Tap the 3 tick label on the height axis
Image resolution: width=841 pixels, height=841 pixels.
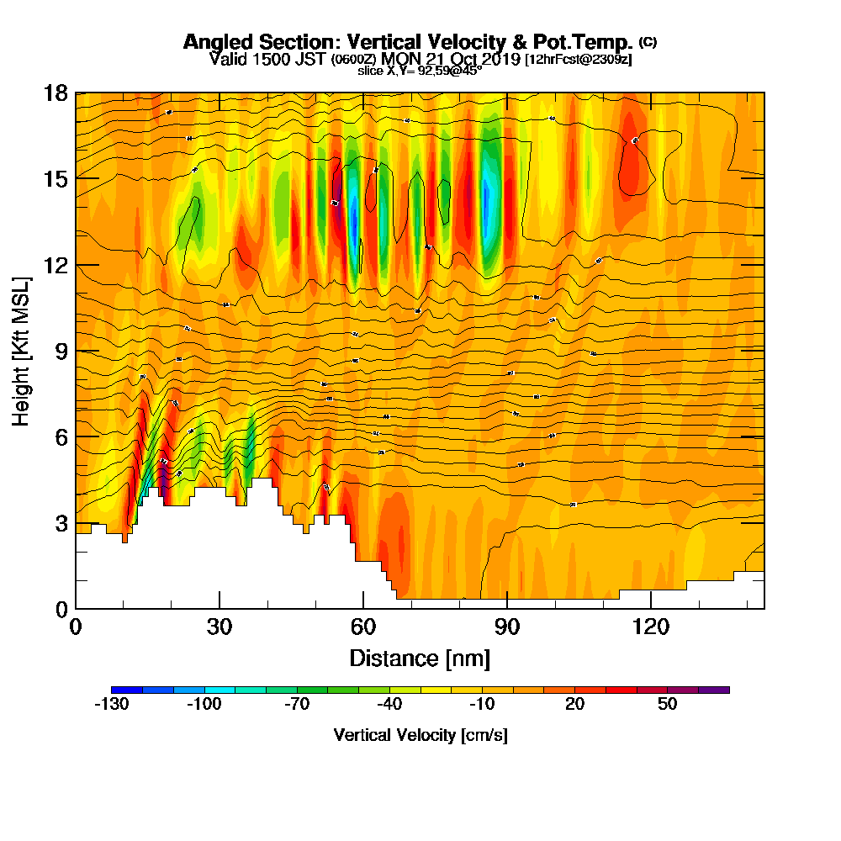pyautogui.click(x=60, y=523)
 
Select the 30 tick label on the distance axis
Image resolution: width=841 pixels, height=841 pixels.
pyautogui.click(x=220, y=627)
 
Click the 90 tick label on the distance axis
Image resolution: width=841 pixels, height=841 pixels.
pyautogui.click(x=507, y=627)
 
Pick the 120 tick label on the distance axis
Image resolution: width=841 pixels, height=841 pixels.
pyautogui.click(x=651, y=627)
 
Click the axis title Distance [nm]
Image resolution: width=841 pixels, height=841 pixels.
pyautogui.click(x=420, y=657)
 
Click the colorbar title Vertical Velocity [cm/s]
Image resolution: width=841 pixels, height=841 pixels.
pyautogui.click(x=420, y=735)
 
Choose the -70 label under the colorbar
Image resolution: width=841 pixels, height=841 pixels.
pyautogui.click(x=296, y=705)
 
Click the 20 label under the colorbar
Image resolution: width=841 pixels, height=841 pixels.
pyautogui.click(x=574, y=705)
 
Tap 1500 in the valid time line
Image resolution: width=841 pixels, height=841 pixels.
pyautogui.click(x=265, y=59)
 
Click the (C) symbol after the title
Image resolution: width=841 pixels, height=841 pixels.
pyautogui.click(x=648, y=41)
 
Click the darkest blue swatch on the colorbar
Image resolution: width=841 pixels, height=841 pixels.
pyautogui.click(x=126, y=690)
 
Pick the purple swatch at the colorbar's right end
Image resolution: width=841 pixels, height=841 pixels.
pyautogui.click(x=714, y=690)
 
